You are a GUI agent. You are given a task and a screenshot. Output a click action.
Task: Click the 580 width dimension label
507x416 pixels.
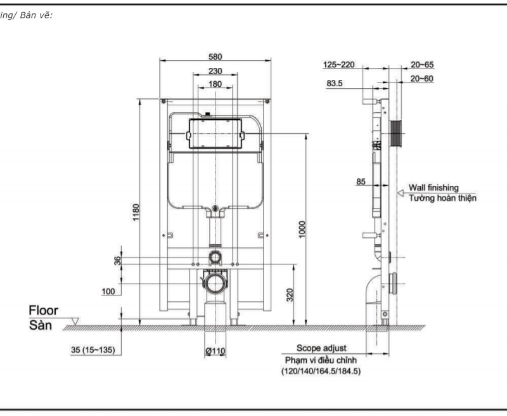click(215, 56)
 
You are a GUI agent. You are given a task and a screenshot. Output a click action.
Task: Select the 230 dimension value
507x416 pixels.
click(215, 71)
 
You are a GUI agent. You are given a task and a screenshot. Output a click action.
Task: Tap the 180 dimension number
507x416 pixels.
click(215, 84)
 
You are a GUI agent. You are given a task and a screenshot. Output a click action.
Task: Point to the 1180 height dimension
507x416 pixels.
click(136, 212)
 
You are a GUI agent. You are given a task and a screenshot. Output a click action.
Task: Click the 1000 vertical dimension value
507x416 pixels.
click(302, 230)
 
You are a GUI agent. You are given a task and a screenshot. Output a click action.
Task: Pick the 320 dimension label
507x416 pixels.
click(290, 295)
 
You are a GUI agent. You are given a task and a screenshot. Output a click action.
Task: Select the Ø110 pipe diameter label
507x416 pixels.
click(215, 351)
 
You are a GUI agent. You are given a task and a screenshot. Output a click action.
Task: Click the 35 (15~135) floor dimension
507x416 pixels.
click(93, 349)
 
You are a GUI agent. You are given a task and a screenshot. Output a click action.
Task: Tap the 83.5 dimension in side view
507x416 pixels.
click(335, 83)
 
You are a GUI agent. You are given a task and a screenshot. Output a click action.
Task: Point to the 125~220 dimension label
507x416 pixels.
click(339, 65)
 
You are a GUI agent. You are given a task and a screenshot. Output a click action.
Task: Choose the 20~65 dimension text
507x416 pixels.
click(422, 65)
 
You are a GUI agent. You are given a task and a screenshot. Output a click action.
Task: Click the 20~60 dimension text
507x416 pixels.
click(421, 79)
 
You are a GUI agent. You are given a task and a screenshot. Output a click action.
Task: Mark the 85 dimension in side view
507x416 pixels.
click(361, 182)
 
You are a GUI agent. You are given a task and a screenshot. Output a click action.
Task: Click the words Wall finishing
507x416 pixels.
click(433, 188)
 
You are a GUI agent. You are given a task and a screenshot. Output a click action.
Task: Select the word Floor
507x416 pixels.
click(43, 311)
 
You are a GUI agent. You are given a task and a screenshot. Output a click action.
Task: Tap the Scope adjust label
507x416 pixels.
click(321, 348)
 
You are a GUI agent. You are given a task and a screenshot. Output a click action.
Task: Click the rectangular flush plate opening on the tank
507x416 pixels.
click(215, 134)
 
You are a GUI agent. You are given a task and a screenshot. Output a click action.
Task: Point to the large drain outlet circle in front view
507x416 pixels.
click(215, 283)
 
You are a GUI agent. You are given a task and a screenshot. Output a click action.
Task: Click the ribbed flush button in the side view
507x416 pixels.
click(395, 134)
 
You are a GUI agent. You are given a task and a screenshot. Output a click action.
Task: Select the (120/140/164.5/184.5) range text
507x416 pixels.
click(321, 371)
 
